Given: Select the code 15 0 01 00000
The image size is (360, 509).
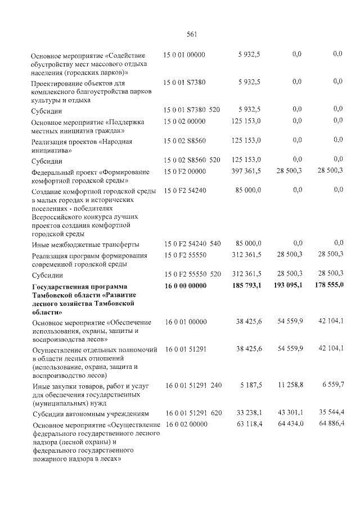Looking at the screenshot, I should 184,55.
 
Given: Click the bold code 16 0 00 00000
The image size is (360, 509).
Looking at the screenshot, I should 186,286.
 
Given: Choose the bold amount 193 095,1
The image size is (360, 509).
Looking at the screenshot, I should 287,286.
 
